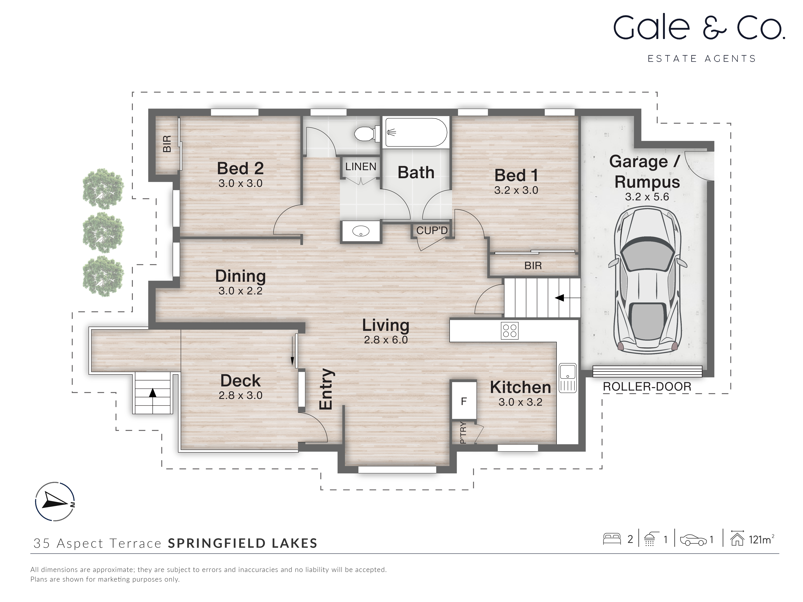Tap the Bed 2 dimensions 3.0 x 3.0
[240, 183]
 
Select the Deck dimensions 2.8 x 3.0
[240, 395]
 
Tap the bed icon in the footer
[612, 539]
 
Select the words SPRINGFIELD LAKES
[243, 543]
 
